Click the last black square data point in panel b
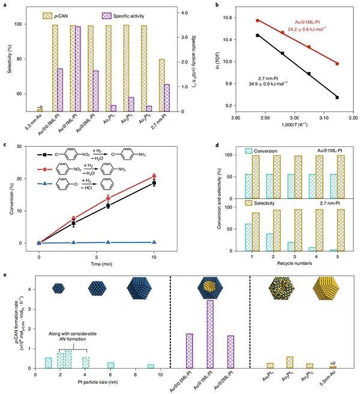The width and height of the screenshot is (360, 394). [x=337, y=97]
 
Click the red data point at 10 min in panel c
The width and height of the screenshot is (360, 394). [x=154, y=176]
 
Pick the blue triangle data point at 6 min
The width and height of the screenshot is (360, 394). [x=108, y=242]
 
